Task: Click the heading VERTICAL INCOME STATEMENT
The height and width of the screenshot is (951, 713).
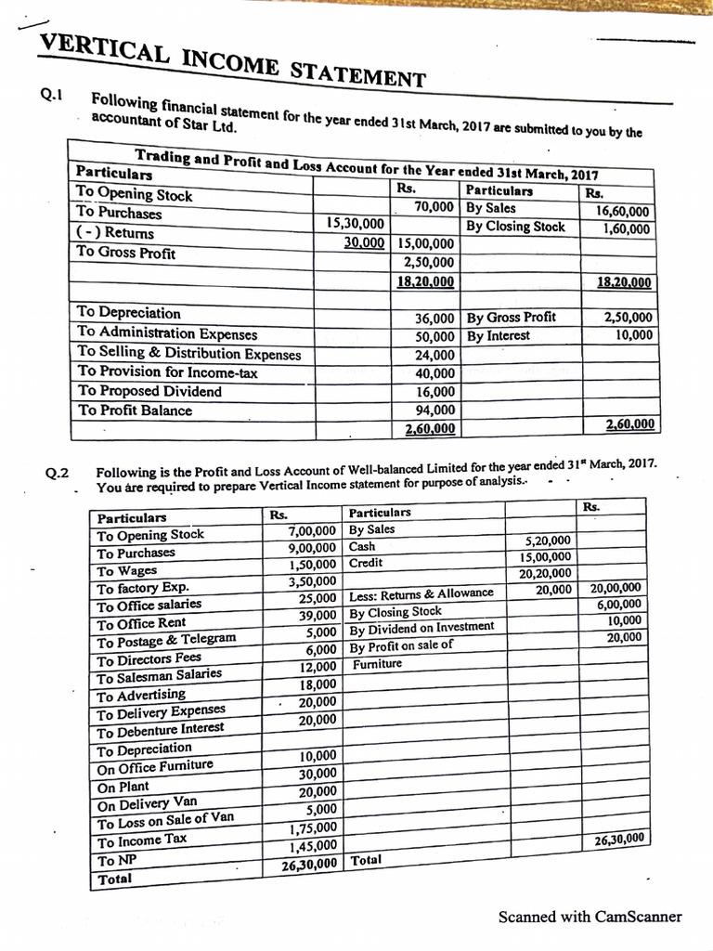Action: (x=232, y=59)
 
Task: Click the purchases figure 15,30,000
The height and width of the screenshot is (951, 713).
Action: (x=356, y=223)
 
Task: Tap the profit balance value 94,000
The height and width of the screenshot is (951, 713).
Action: (x=435, y=410)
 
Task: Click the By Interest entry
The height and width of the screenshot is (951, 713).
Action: (x=499, y=335)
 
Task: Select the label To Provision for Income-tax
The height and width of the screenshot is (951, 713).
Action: (x=167, y=372)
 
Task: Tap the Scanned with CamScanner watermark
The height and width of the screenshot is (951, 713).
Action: (x=590, y=917)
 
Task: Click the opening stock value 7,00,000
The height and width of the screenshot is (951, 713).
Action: (x=311, y=531)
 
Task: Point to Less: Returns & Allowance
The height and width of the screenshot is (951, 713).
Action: (x=421, y=593)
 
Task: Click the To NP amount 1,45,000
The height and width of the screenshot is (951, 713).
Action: (x=312, y=845)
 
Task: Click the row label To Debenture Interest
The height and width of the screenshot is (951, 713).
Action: (x=161, y=729)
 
